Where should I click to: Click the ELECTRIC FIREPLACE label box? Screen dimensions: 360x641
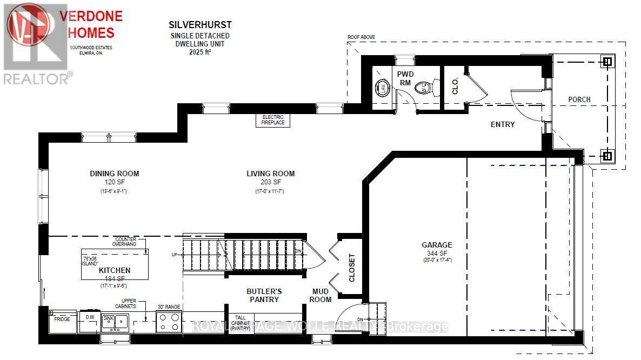click(272, 120)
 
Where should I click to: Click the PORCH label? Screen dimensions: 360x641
click(579, 99)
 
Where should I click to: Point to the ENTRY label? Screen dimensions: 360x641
click(502, 124)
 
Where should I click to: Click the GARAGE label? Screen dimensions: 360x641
click(437, 245)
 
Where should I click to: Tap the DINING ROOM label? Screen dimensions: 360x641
click(114, 174)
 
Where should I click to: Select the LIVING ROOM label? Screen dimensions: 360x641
click(270, 174)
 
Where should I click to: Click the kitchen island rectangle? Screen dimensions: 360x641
click(115, 264)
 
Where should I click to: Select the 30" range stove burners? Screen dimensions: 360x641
click(168, 323)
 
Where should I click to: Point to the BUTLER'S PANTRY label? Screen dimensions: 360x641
click(264, 295)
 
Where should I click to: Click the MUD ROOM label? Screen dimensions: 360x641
click(320, 295)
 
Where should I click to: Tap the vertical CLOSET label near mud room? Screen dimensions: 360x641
click(352, 268)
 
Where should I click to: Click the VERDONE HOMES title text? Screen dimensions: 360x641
click(91, 24)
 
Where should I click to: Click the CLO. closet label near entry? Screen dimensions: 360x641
click(455, 85)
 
